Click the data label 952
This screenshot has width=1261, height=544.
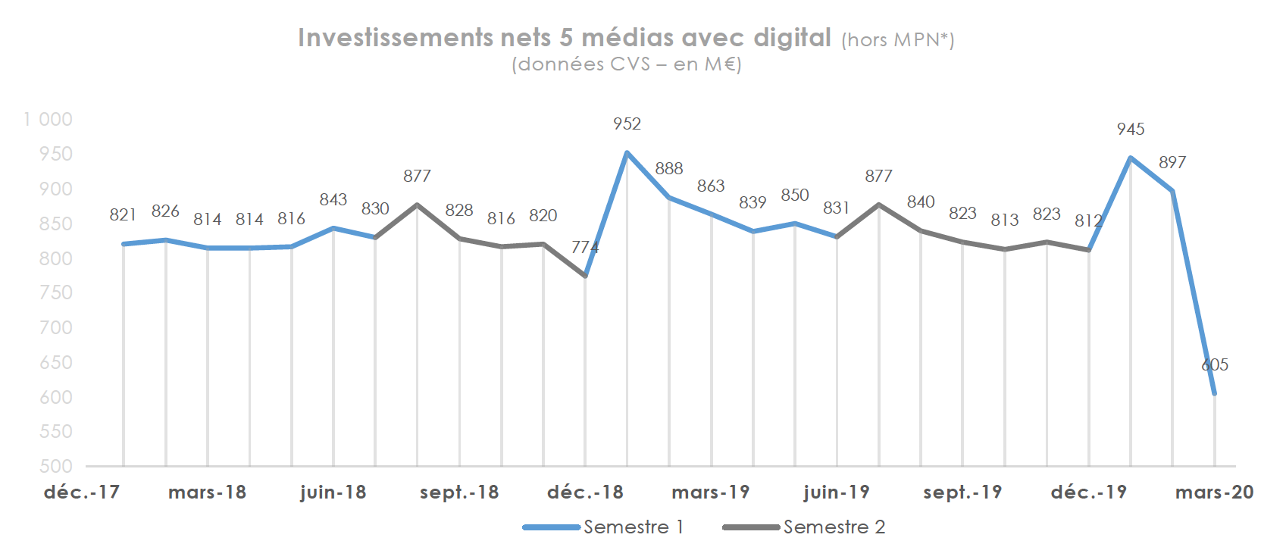pos(627,124)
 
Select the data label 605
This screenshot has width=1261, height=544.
pos(1215,365)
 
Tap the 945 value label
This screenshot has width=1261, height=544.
pos(1130,130)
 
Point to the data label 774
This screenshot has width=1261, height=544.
pos(585,248)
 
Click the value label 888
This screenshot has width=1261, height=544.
pos(669,169)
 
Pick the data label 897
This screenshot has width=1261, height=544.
pos(1172,163)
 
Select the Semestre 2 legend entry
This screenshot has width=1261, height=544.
pos(804,527)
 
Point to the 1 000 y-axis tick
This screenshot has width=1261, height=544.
pos(48,120)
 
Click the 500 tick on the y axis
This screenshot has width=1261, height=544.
pos(56,467)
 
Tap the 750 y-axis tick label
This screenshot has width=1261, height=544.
pos(56,293)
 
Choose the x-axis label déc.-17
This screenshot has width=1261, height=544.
pos(82,492)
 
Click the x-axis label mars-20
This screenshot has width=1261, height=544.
pos(1214,492)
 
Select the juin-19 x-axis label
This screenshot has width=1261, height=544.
pos(837,492)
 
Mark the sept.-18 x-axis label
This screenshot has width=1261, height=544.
pos(459,492)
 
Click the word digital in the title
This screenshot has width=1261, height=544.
pos(792,38)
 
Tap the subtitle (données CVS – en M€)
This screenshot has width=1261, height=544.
pos(627,64)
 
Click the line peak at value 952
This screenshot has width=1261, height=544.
pos(627,152)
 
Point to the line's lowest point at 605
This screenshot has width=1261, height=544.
pos(1215,393)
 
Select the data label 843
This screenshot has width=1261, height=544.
pos(333,200)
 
